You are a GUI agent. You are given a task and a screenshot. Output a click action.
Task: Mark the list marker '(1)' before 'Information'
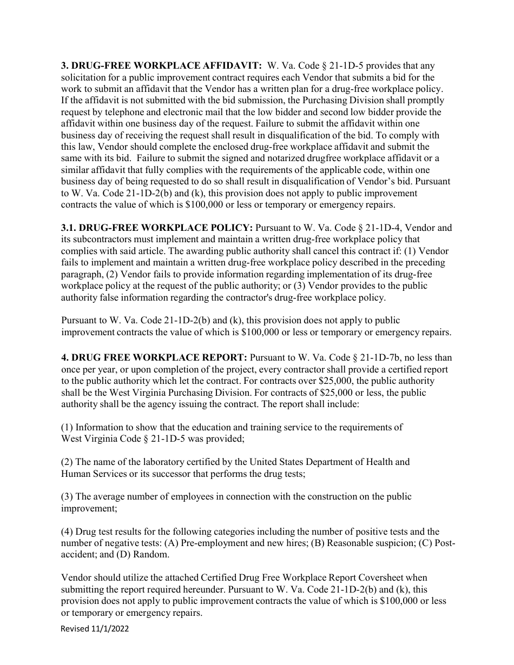(67, 427)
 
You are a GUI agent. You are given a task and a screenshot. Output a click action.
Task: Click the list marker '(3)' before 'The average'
(67, 496)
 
